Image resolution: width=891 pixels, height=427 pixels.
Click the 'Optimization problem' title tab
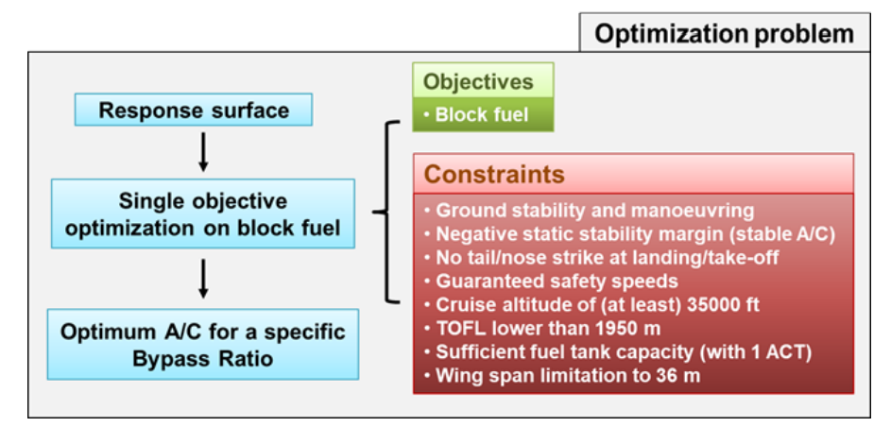pyautogui.click(x=725, y=33)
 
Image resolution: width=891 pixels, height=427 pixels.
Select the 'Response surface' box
pyautogui.click(x=194, y=110)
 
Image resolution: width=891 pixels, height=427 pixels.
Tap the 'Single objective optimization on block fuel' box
pyautogui.click(x=203, y=213)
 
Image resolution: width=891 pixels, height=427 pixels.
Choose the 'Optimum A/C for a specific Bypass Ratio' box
pyautogui.click(x=203, y=344)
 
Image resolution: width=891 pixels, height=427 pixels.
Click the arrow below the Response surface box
pyautogui.click(x=203, y=151)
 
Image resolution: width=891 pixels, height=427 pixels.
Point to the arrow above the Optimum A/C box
pyautogui.click(x=203, y=279)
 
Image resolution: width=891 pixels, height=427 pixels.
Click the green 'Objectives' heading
pyautogui.click(x=478, y=82)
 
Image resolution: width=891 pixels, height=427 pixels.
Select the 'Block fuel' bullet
pyautogui.click(x=477, y=114)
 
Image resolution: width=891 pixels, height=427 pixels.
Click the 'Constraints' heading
pyautogui.click(x=494, y=175)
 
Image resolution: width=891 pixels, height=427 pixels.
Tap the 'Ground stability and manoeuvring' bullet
pyautogui.click(x=590, y=211)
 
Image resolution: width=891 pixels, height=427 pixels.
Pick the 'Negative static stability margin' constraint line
pyautogui.click(x=629, y=234)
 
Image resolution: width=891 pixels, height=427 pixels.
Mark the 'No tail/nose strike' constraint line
pyautogui.click(x=601, y=258)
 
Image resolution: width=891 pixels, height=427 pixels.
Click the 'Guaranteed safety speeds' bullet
pyautogui.click(x=551, y=282)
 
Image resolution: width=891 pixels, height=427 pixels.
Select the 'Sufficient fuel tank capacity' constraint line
pyautogui.click(x=618, y=352)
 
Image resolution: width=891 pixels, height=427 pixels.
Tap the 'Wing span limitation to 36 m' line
pyautogui.click(x=562, y=375)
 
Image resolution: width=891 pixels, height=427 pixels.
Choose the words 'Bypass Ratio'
pyautogui.click(x=203, y=359)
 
